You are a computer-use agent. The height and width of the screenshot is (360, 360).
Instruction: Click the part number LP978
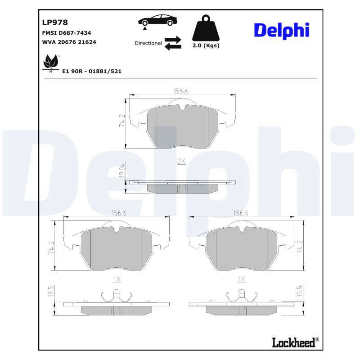point(55,22)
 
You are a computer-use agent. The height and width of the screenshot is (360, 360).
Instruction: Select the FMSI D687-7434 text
point(67,33)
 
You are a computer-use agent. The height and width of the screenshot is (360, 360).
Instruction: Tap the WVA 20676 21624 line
point(69,42)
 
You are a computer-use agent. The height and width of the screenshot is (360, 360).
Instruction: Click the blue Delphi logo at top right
point(282,31)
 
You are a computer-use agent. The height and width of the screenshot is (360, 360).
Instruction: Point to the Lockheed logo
point(296,342)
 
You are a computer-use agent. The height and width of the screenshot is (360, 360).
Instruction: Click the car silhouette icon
point(157,21)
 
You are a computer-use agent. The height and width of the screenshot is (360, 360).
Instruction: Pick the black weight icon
point(206,28)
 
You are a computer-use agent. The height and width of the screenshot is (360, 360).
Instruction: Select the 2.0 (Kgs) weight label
point(206,45)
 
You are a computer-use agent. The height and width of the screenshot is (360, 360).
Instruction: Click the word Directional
point(148,43)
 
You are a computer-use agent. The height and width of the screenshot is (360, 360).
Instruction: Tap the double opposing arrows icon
point(173,43)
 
